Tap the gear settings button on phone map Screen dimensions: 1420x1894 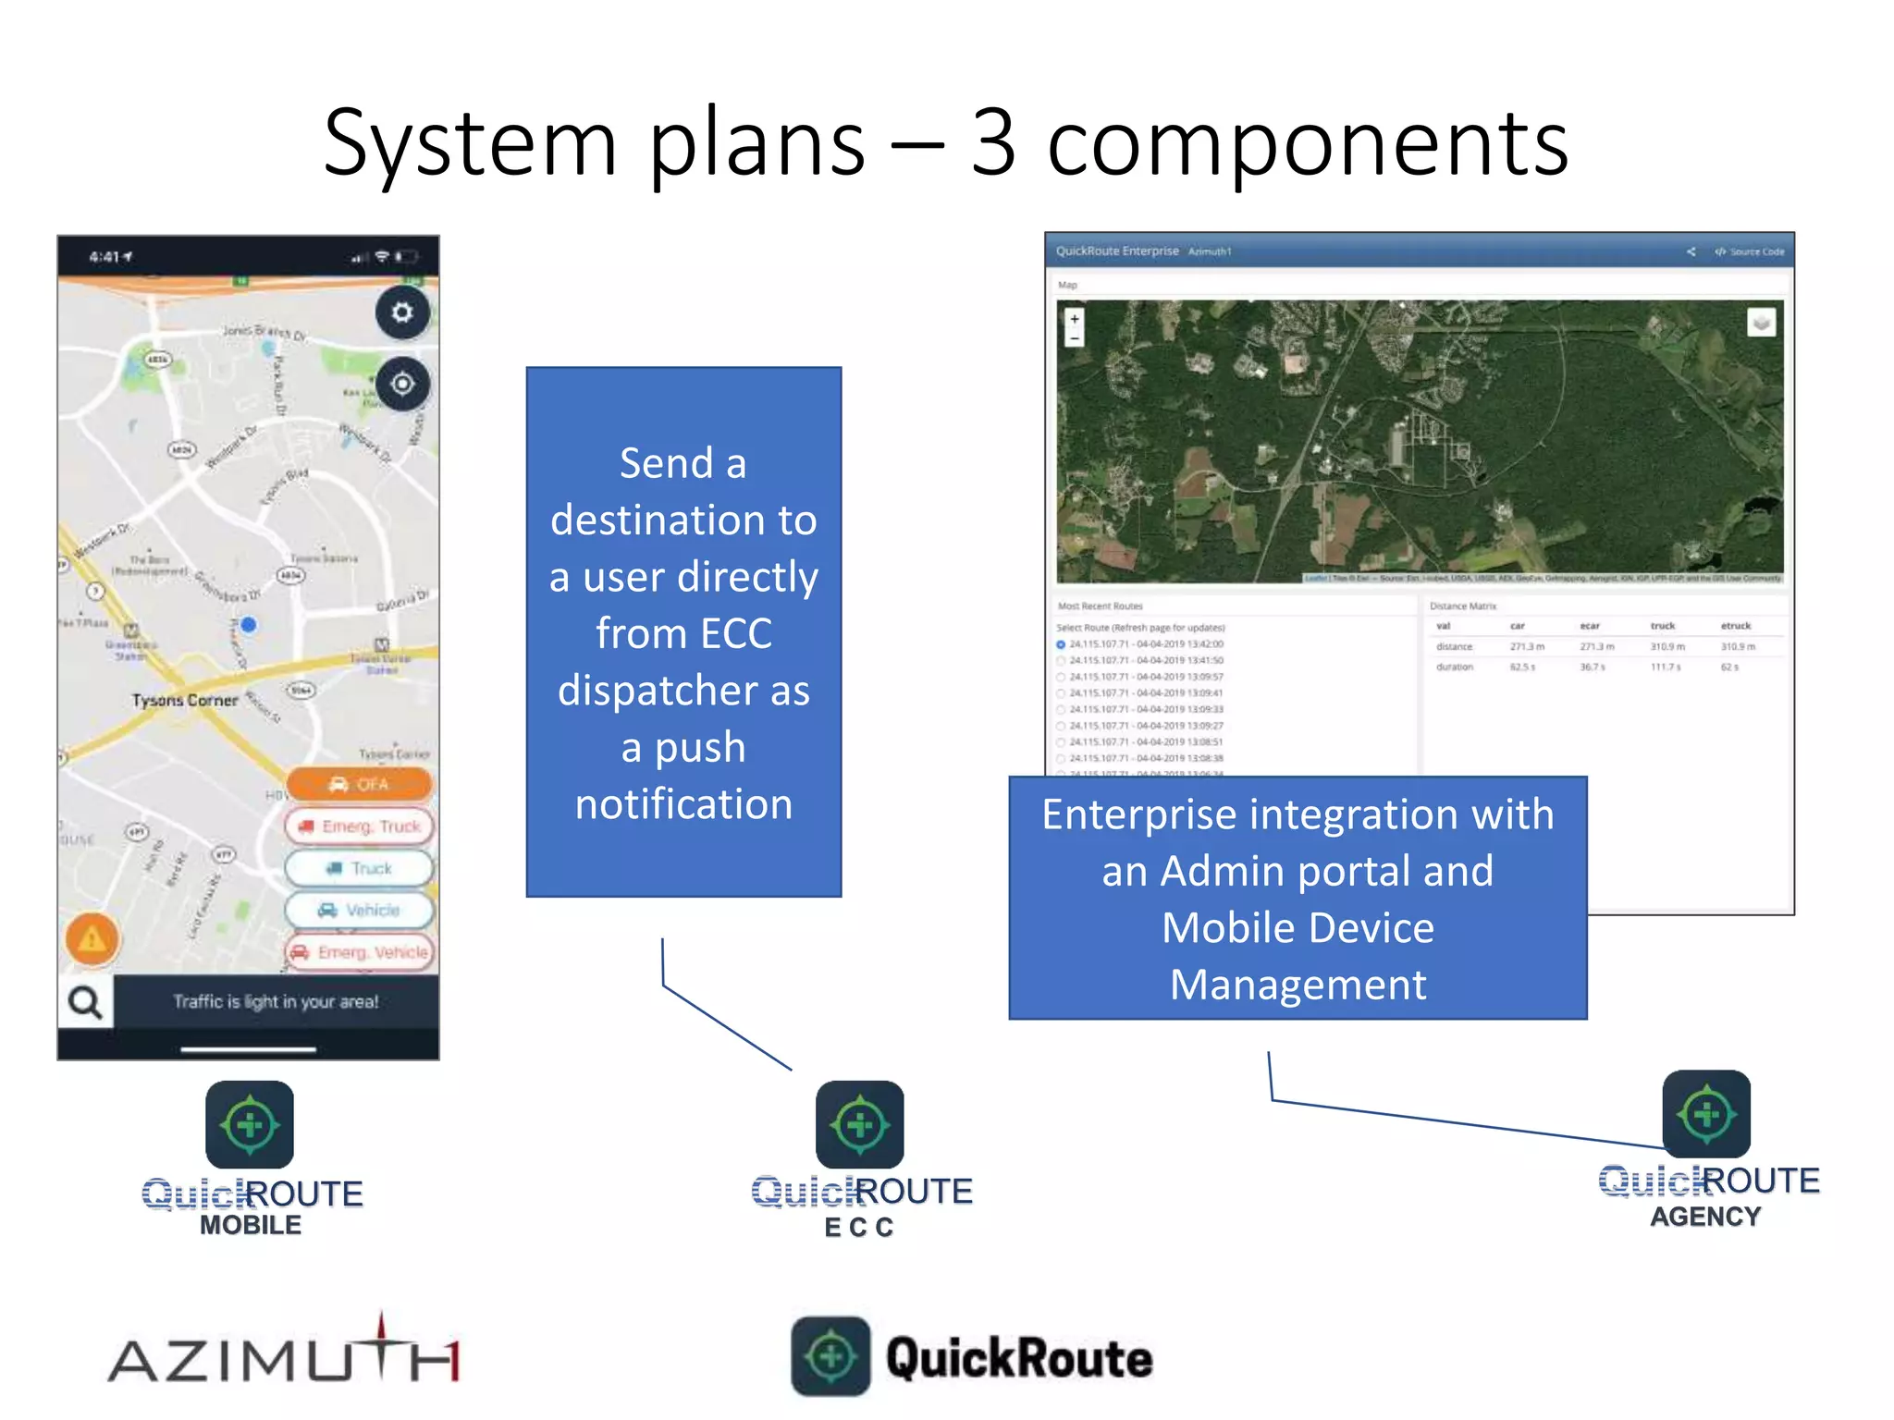(x=402, y=312)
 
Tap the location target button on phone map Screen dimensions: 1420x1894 (x=402, y=383)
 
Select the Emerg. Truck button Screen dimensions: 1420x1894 (x=360, y=826)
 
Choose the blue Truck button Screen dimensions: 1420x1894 (x=360, y=868)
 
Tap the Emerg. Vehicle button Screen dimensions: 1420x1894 (x=360, y=951)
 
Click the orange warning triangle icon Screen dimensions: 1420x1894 (x=92, y=939)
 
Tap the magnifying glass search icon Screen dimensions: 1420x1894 (x=86, y=1002)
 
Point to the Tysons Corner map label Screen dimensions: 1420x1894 (x=184, y=700)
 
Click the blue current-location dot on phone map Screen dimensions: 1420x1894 (x=248, y=625)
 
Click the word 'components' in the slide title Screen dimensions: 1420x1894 (x=1307, y=143)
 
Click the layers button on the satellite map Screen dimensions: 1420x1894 (x=1761, y=323)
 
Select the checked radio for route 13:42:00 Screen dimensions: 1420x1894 (x=1061, y=644)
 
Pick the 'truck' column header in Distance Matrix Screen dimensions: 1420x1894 (x=1662, y=626)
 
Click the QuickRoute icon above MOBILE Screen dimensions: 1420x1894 (x=250, y=1124)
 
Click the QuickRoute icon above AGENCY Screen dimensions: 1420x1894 (x=1706, y=1114)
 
